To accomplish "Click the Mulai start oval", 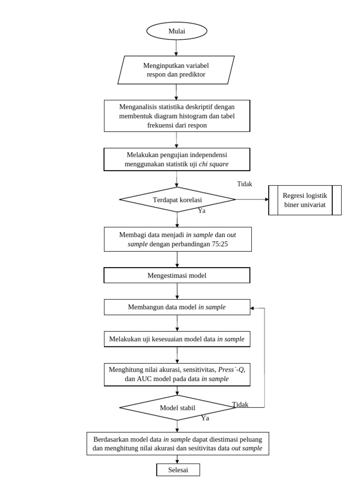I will [x=177, y=31].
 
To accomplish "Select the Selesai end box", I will [x=178, y=470].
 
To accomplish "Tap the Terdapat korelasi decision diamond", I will [x=177, y=200].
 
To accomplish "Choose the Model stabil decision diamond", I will [x=177, y=407].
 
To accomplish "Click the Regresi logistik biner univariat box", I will [x=305, y=200].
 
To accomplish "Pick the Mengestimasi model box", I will [x=177, y=276].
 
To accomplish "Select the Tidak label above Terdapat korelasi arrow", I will [x=245, y=184].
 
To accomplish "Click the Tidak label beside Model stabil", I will [x=240, y=404].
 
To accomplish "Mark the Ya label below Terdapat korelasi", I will [x=202, y=210].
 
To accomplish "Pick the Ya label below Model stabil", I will [x=205, y=418].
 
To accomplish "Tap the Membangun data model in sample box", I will [x=177, y=307].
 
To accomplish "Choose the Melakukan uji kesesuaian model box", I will [x=177, y=339].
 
